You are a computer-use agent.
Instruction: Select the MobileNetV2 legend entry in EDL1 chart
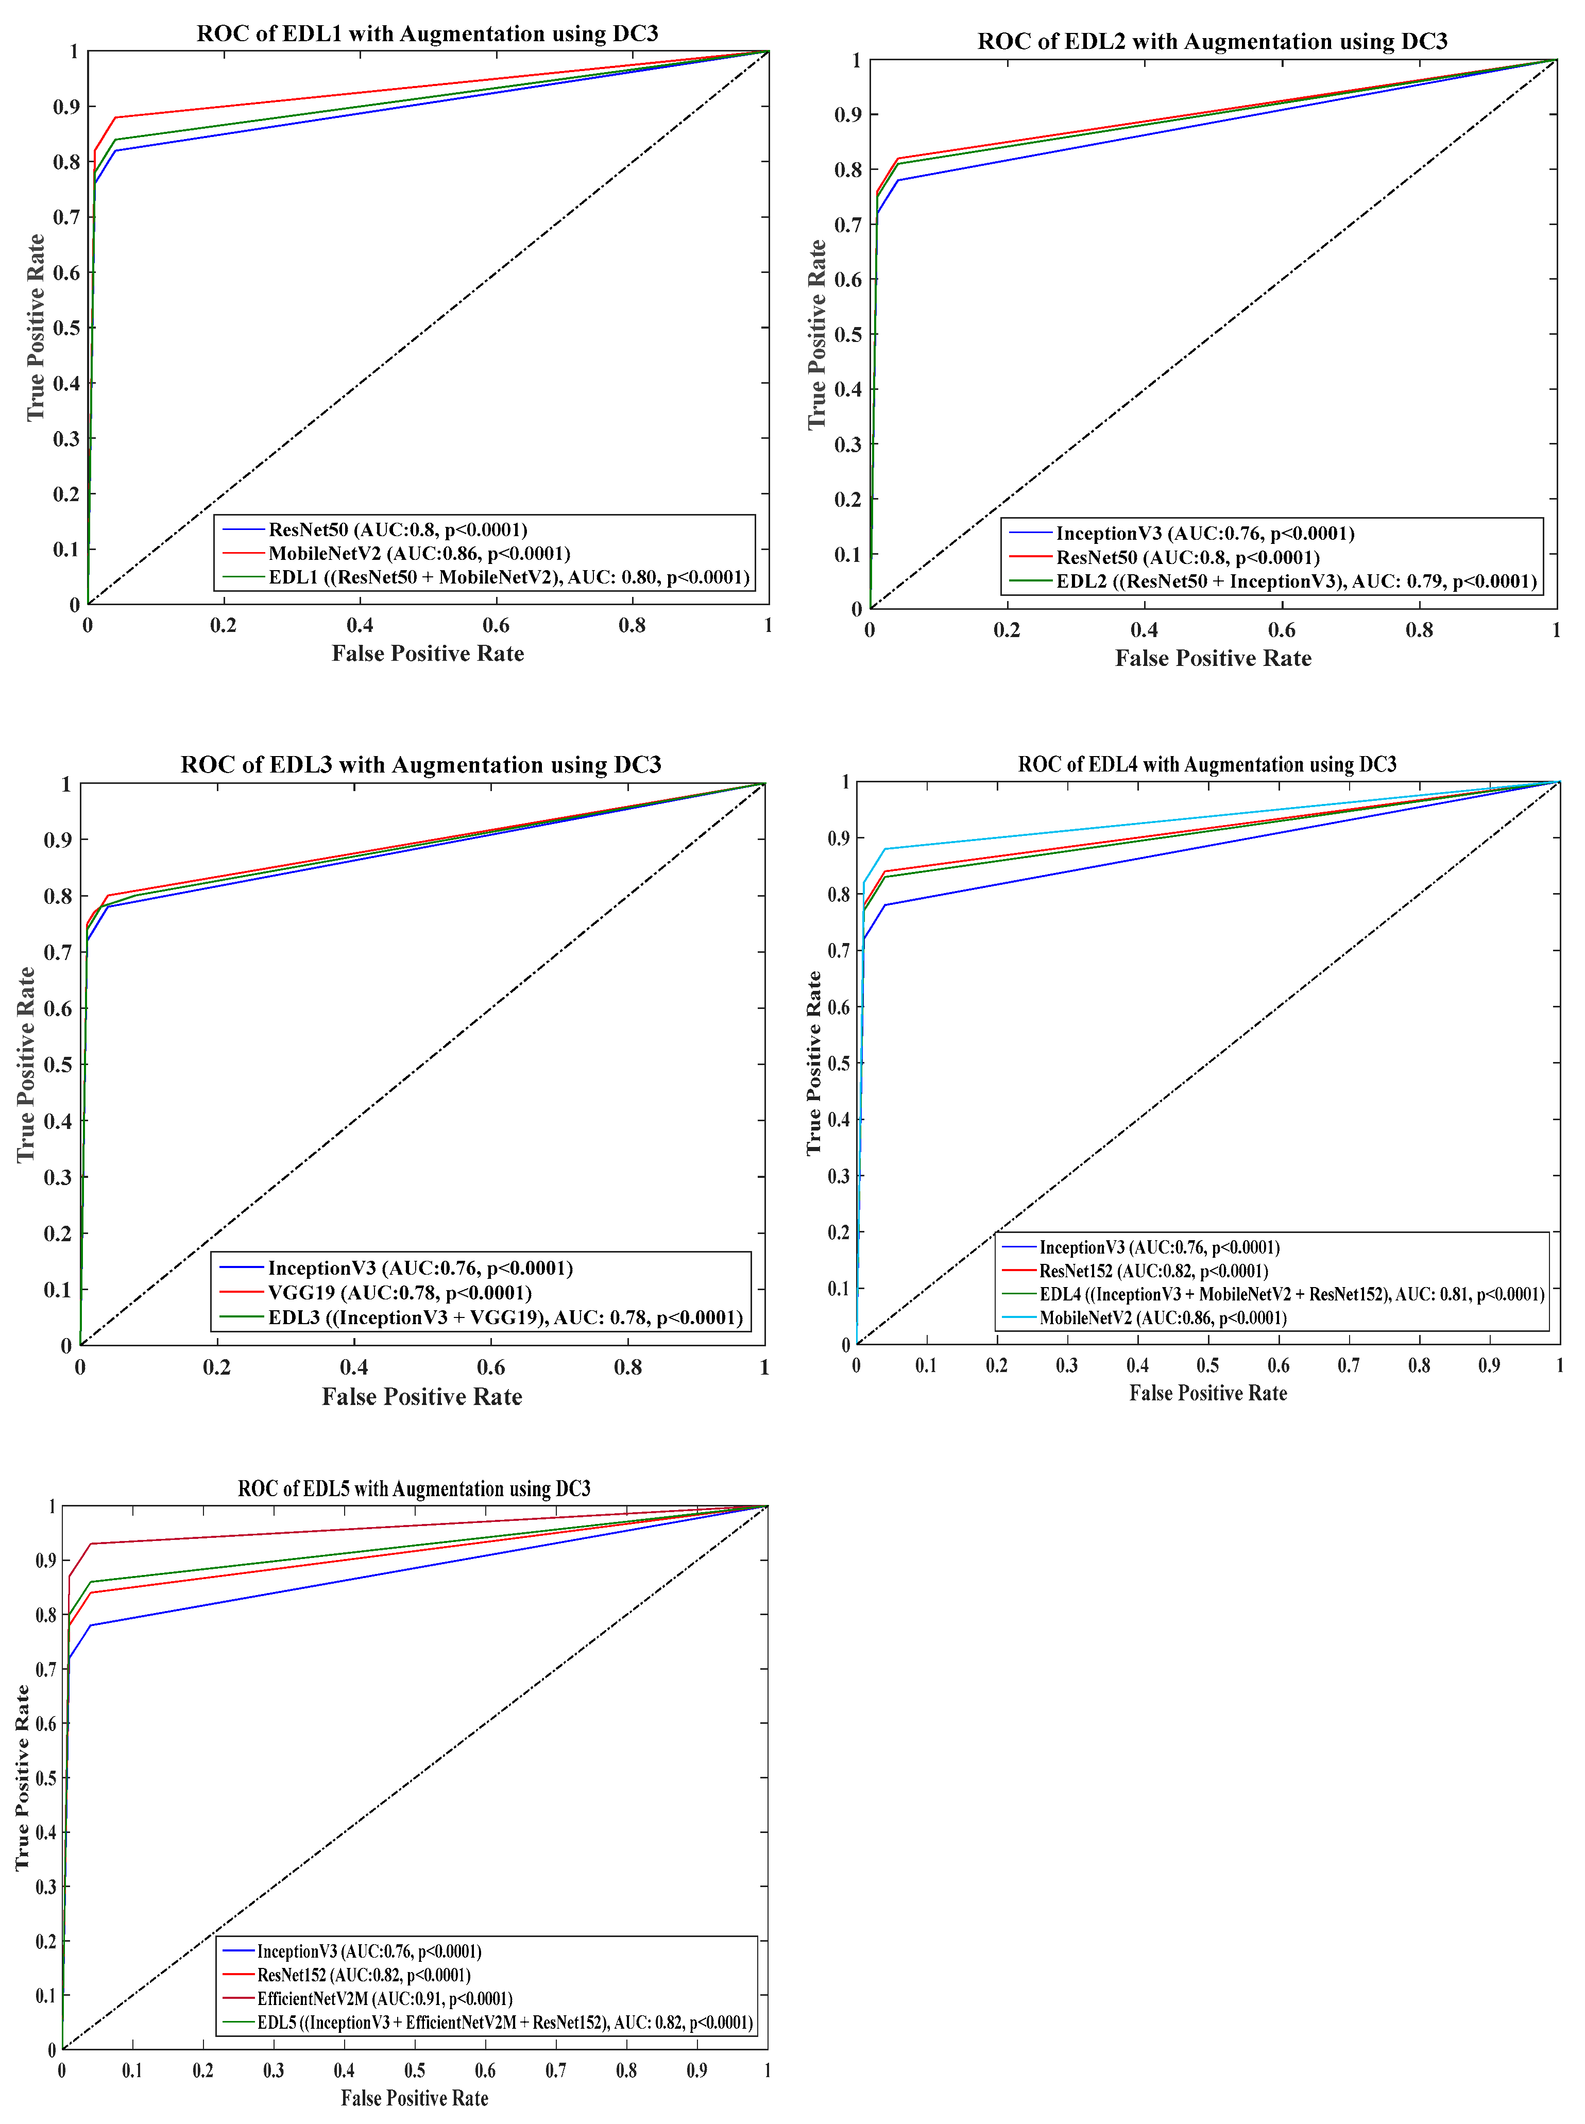tap(418, 554)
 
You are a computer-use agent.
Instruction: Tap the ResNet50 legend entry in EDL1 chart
tap(397, 529)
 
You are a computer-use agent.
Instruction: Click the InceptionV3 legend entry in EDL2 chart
tap(1204, 534)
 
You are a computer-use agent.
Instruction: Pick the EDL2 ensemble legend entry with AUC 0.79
tap(1295, 581)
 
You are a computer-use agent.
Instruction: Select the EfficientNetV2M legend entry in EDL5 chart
tap(384, 1998)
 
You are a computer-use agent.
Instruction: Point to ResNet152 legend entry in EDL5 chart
tap(363, 1974)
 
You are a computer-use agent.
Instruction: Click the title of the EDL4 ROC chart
tap(1207, 765)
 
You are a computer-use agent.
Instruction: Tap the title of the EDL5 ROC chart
tap(414, 1489)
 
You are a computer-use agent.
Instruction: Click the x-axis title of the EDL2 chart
tap(1213, 658)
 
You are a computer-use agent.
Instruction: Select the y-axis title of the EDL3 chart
tap(26, 1065)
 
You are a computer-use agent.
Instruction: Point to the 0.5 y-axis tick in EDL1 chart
tap(66, 328)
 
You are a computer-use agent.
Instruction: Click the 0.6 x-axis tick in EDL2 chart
tap(1282, 630)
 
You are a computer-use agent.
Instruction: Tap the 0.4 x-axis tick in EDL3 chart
tap(354, 1367)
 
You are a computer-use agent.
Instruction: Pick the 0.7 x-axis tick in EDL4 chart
tap(1348, 1365)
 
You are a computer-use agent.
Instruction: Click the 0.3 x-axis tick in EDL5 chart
tap(274, 2070)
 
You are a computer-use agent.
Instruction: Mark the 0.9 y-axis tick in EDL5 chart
tap(45, 1561)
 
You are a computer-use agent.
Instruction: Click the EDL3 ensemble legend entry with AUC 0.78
tap(505, 1317)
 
